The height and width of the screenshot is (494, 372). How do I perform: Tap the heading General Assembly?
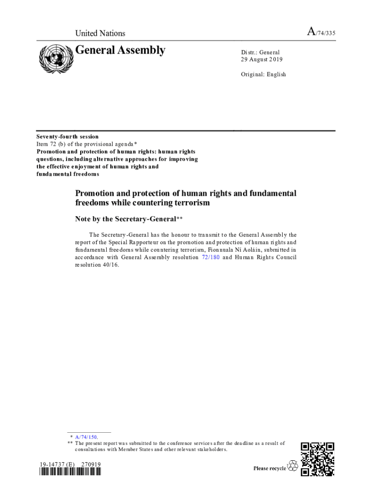click(120, 50)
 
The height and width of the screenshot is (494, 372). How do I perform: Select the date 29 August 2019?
click(262, 59)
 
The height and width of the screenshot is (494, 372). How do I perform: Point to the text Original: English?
click(263, 74)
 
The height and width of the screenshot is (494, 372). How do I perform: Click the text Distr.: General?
click(260, 52)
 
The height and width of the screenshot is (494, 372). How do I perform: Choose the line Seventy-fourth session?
click(68, 137)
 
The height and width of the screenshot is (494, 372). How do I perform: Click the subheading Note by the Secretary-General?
click(126, 219)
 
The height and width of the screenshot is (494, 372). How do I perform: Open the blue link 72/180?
click(210, 258)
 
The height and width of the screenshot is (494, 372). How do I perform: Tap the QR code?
click(317, 459)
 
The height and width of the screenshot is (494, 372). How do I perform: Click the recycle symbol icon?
click(293, 466)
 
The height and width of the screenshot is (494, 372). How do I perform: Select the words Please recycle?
click(270, 468)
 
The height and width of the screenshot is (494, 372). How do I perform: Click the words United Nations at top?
click(100, 33)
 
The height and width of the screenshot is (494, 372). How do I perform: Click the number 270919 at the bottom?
click(91, 465)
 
